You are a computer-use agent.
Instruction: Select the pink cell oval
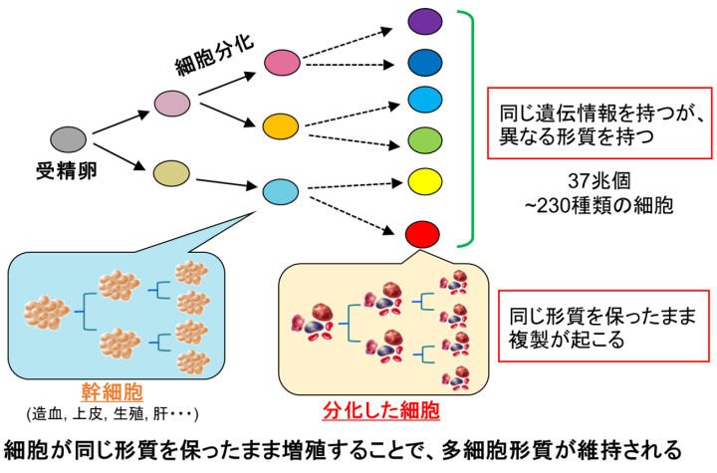point(282,64)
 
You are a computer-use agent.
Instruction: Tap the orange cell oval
point(282,126)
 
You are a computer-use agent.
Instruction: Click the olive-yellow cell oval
point(171,173)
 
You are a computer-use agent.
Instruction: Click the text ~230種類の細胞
point(605,208)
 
